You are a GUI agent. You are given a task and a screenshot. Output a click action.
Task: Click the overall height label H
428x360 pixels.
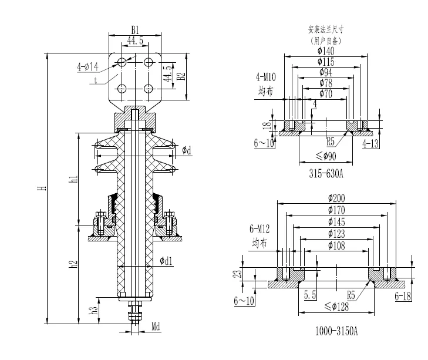tap(41, 189)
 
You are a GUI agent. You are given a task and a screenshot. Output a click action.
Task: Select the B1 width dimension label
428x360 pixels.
tap(135, 29)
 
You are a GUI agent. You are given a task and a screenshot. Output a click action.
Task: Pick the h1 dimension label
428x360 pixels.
tap(73, 179)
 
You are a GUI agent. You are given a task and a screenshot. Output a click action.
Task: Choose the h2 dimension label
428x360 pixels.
tap(73, 265)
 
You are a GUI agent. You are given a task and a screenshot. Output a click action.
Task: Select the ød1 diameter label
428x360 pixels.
tap(166, 260)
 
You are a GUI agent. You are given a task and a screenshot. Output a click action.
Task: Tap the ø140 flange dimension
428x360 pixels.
tap(326, 52)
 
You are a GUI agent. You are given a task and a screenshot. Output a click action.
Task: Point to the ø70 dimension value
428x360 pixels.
tap(326, 93)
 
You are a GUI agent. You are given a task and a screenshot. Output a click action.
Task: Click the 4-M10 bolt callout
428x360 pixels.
tap(265, 78)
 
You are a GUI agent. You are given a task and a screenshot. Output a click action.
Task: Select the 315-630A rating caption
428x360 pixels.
tap(326, 174)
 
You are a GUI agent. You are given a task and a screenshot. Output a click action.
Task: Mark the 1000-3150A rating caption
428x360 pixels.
tap(336, 331)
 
